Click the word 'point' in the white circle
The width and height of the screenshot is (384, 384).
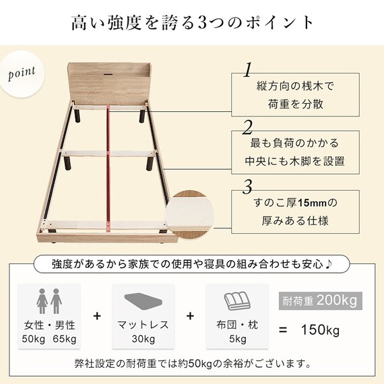pos(22,73)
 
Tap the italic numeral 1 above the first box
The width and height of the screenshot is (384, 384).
pos(248,70)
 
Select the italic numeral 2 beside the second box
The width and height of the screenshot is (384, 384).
pos(247,127)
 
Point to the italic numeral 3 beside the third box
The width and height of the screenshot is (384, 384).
pos(247,187)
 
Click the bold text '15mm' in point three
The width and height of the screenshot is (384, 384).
pos(312,203)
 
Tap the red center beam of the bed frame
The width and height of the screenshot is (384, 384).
pos(108,166)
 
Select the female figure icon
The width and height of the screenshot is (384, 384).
pos(42,301)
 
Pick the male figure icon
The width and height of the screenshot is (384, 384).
pos(57,301)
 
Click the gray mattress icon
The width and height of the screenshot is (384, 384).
pos(143,301)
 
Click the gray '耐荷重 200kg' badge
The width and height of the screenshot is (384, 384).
pos(320,300)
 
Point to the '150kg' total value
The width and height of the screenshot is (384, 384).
pos(320,330)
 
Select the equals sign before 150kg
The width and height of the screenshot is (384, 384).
pos(283,330)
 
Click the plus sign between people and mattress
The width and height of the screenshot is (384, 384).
pos(97,316)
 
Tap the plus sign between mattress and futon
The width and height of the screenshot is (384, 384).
pos(190,316)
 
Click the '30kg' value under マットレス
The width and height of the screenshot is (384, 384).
pos(143,339)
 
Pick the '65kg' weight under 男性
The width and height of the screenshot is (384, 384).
pos(65,339)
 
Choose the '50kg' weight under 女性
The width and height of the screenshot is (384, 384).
pos(34,339)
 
